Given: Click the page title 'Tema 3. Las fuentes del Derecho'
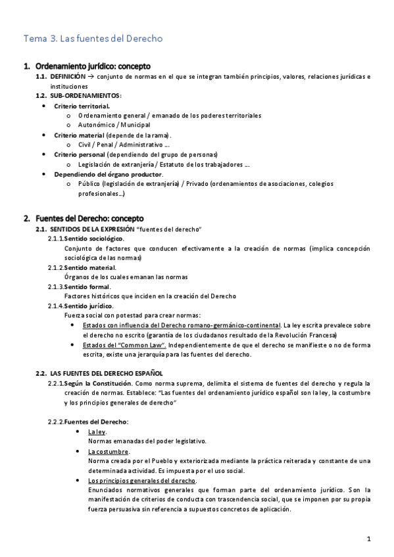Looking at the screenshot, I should [x=93, y=39].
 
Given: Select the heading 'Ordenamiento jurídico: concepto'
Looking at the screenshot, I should [x=93, y=66].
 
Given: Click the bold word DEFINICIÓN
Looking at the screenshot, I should [x=68, y=77].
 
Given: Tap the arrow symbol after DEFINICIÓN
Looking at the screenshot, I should [x=91, y=77].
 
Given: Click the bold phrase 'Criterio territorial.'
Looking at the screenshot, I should [x=82, y=106].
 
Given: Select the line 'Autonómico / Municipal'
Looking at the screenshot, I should [x=114, y=125].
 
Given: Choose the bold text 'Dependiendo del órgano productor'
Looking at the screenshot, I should [x=108, y=174].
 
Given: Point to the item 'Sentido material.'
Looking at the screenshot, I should [x=90, y=267].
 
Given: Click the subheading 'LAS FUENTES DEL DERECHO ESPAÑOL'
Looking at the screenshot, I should [x=111, y=373].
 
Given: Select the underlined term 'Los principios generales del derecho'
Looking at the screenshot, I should [x=141, y=481].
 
